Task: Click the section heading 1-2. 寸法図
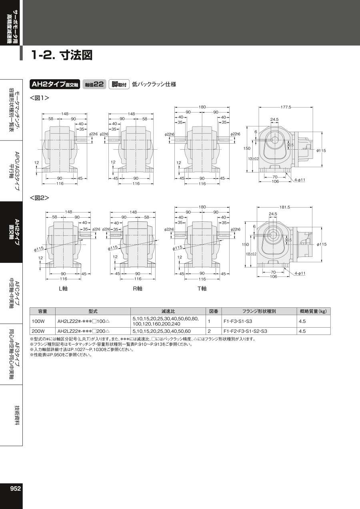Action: click(x=62, y=55)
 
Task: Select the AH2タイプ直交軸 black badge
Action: click(x=55, y=84)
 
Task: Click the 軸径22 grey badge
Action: click(x=94, y=84)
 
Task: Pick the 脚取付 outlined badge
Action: click(x=119, y=84)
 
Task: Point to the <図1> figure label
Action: click(x=40, y=98)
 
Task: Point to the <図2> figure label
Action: click(x=40, y=198)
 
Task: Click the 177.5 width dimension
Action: click(x=286, y=107)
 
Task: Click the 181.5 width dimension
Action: click(x=285, y=207)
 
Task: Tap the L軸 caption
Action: click(x=63, y=289)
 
